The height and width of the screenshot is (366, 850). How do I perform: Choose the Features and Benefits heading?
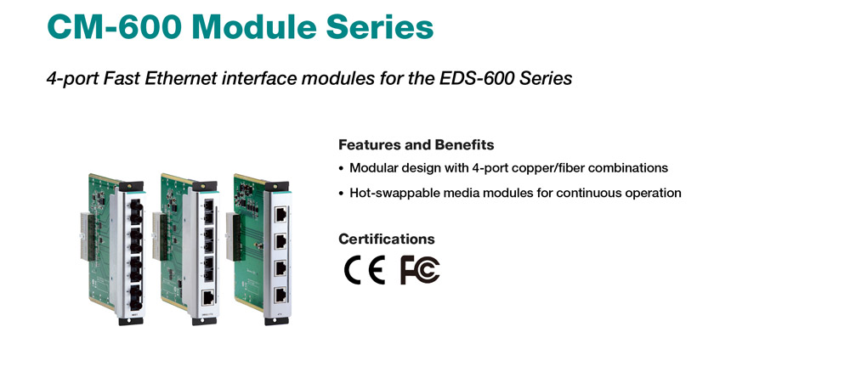click(416, 145)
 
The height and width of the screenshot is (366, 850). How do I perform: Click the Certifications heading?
click(387, 239)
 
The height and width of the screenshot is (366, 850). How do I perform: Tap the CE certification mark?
click(365, 270)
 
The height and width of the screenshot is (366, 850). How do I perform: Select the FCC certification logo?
click(420, 270)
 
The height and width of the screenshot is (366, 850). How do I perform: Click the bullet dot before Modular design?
click(341, 169)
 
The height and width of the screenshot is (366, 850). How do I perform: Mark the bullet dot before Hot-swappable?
click(341, 194)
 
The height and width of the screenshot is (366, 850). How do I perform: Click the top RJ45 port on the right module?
click(281, 213)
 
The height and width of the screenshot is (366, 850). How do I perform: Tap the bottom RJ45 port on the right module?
click(281, 295)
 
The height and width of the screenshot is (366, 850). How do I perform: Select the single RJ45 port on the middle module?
click(207, 298)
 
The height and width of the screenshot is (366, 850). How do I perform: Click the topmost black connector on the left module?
click(135, 206)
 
